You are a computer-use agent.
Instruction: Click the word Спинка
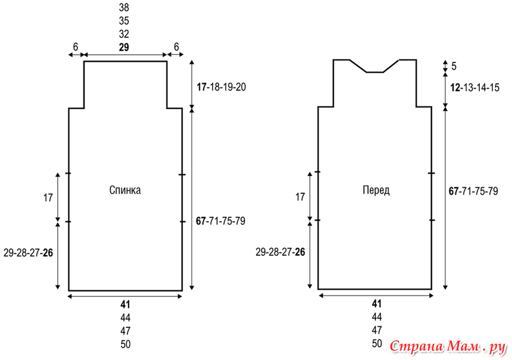pyautogui.click(x=125, y=190)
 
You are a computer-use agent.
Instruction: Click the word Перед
pyautogui.click(x=376, y=190)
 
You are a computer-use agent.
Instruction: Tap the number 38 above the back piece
pyautogui.click(x=124, y=8)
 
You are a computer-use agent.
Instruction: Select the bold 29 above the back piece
pyautogui.click(x=124, y=48)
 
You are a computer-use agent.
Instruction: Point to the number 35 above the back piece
pyautogui.click(x=124, y=21)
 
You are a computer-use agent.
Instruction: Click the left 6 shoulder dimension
pyautogui.click(x=76, y=47)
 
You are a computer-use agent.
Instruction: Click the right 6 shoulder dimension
pyautogui.click(x=176, y=47)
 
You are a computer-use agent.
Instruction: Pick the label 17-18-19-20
pyautogui.click(x=221, y=87)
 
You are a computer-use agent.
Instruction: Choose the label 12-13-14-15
pyautogui.click(x=474, y=87)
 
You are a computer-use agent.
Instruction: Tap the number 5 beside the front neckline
pyautogui.click(x=454, y=66)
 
